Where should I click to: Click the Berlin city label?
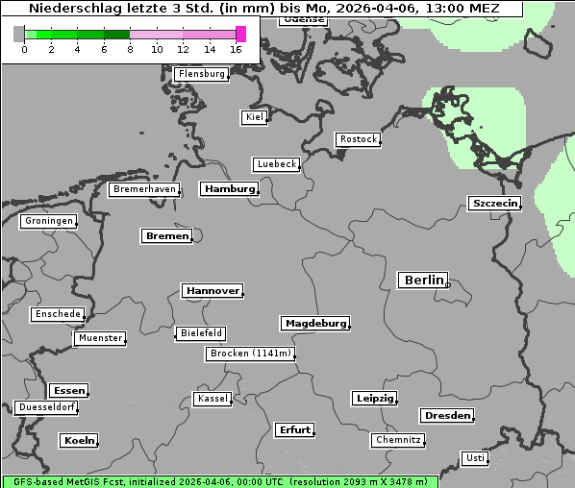click(423, 281)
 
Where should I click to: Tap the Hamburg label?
click(230, 189)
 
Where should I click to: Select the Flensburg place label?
click(202, 74)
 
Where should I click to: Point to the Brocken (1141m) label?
click(249, 354)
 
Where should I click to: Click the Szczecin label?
click(494, 203)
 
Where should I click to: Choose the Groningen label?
click(48, 221)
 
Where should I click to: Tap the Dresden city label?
click(446, 416)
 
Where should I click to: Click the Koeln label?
click(79, 441)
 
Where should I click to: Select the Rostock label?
click(359, 139)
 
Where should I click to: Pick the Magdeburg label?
click(315, 324)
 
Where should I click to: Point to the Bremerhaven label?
click(143, 189)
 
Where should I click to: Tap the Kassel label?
click(212, 399)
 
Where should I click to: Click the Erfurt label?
click(294, 429)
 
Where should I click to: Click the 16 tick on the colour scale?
click(237, 49)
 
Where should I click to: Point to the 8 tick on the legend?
click(130, 49)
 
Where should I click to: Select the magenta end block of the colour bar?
click(240, 34)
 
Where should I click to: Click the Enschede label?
click(58, 314)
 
